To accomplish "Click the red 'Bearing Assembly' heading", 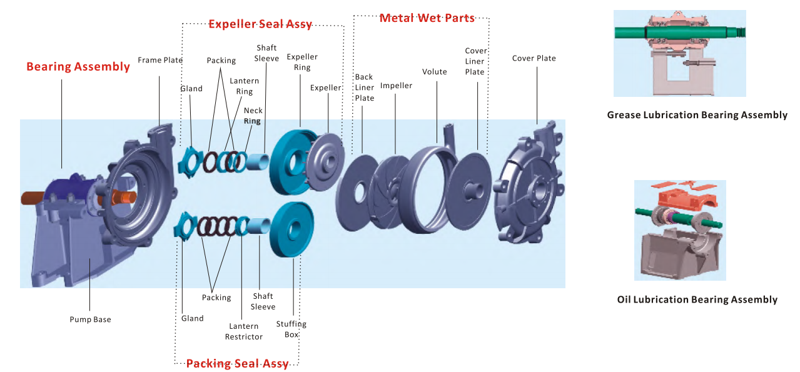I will point(78,67).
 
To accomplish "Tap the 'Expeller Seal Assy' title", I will point(260,24).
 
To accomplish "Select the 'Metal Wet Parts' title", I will point(427,18).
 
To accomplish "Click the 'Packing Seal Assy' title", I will point(238,364).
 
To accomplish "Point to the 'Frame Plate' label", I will point(160,60).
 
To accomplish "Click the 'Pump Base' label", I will point(90,319).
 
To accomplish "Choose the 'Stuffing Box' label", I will point(291,329).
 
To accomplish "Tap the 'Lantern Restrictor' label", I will point(244,331).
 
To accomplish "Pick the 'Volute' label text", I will point(435,72).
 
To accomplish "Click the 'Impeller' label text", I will point(397,85).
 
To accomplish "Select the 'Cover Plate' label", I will point(534,58).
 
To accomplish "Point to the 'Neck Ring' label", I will point(253,116).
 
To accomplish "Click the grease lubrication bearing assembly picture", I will point(679,53).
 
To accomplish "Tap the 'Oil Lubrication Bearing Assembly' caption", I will point(697,299).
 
